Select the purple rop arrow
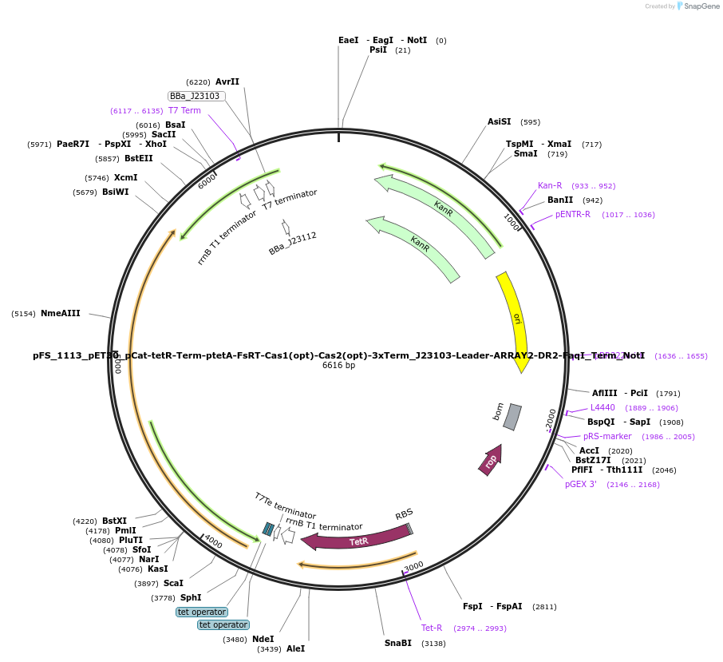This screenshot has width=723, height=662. click(x=491, y=460)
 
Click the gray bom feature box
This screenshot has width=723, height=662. click(x=512, y=417)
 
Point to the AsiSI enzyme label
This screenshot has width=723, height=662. click(x=499, y=122)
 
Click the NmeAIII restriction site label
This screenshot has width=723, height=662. click(x=61, y=314)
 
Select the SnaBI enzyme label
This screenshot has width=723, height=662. click(x=397, y=643)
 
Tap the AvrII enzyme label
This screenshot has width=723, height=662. click(x=227, y=81)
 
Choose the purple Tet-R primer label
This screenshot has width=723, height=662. click(x=432, y=628)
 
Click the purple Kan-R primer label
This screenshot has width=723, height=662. click(x=550, y=185)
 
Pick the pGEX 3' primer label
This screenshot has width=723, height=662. click(x=580, y=484)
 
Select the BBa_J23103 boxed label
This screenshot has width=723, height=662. click(x=196, y=96)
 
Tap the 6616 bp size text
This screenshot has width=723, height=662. click(x=339, y=366)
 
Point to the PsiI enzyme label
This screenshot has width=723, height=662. click(x=377, y=50)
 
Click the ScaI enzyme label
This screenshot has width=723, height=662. click(x=173, y=583)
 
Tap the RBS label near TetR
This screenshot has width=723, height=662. click(x=404, y=513)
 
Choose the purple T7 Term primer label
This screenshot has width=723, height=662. click(x=184, y=110)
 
